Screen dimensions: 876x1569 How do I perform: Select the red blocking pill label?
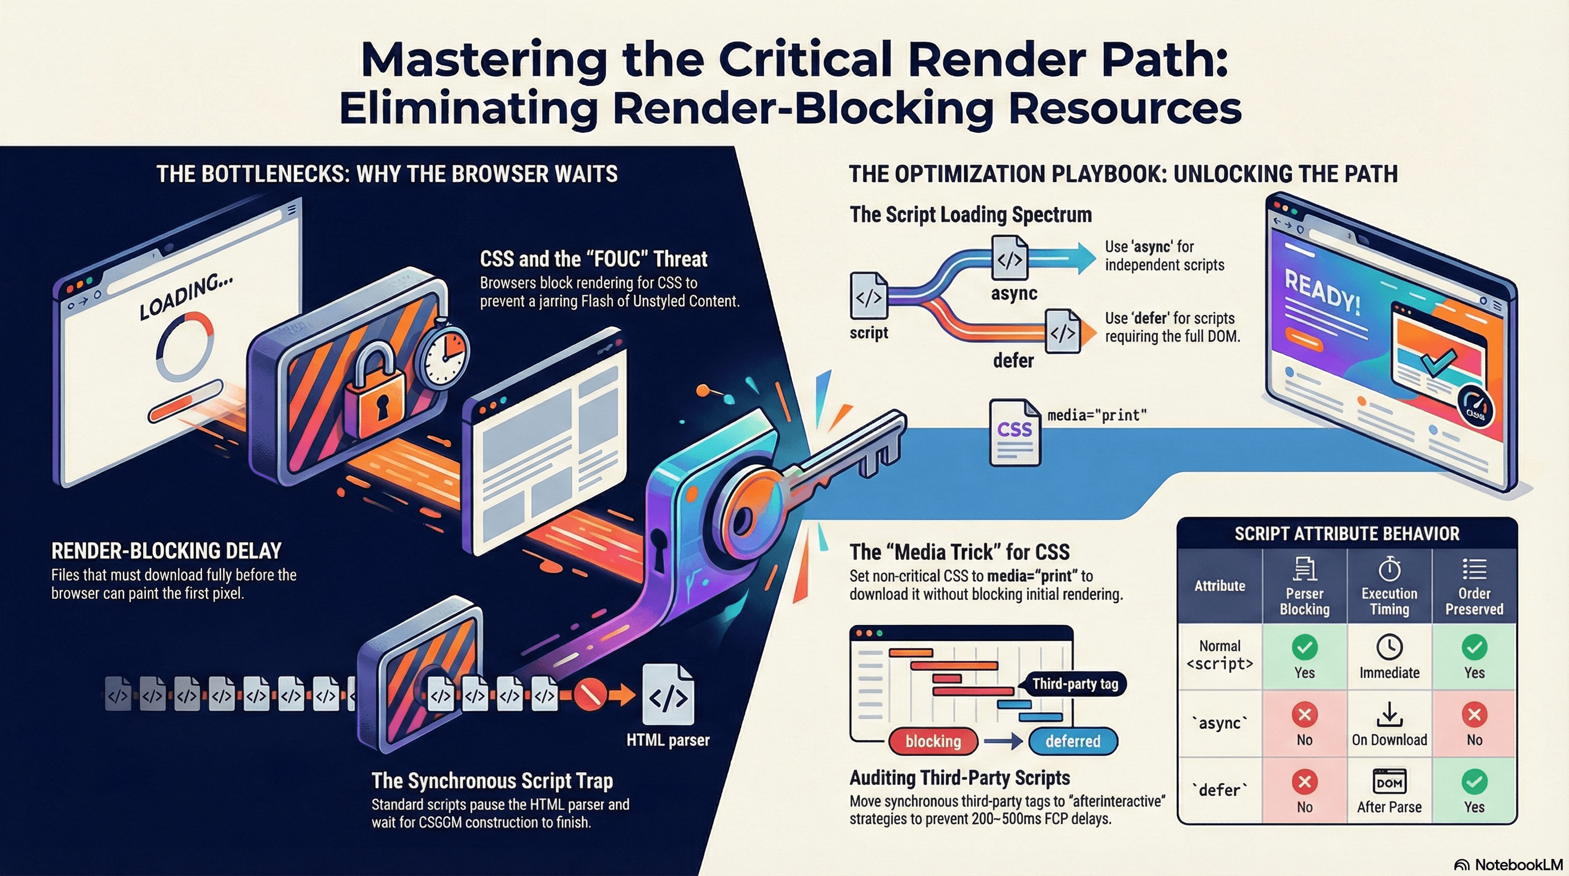coord(933,741)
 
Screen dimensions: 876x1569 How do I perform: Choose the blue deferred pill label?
coord(1072,741)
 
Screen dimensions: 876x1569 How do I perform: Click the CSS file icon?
coord(1014,432)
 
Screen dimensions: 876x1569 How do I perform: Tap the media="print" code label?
coord(1097,415)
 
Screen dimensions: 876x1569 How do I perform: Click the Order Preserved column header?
coord(1474,586)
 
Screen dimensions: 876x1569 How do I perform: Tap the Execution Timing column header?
coord(1389,586)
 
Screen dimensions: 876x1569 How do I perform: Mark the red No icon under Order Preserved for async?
coord(1474,715)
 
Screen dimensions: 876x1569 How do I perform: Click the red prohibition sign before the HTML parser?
coord(590,695)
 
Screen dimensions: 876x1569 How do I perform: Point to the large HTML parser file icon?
coord(668,697)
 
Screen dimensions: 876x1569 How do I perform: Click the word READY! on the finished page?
coord(1322,293)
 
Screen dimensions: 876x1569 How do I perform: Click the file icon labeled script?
coord(868,297)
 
